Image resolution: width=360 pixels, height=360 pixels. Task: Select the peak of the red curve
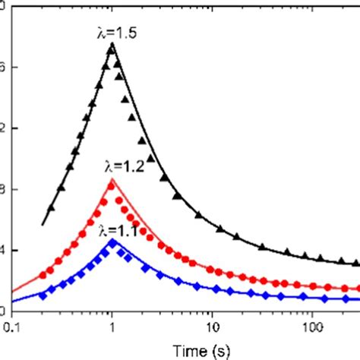click(112, 180)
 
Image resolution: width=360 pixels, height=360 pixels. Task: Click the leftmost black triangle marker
click(52, 207)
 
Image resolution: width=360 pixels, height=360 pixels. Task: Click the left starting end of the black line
click(42, 226)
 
